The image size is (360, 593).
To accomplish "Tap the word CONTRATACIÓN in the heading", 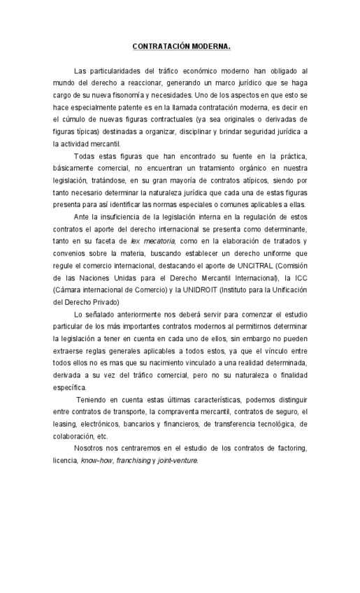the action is [159, 47].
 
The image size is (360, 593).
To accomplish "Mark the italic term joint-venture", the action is [178, 441].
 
